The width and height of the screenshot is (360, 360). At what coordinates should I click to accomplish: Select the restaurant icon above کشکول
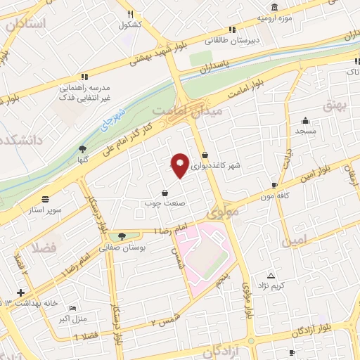point(129,14)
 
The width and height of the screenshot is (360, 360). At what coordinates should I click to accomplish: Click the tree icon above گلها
point(83,148)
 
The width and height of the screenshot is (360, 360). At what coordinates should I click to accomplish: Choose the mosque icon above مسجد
point(306,120)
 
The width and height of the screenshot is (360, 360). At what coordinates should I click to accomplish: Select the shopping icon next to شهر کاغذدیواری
point(205,155)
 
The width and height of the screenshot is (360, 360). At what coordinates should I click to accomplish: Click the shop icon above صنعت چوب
point(165,192)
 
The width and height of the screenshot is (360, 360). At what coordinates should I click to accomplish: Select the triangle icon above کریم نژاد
point(271,274)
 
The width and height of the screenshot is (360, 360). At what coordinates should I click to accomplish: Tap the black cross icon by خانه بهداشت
point(20,292)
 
